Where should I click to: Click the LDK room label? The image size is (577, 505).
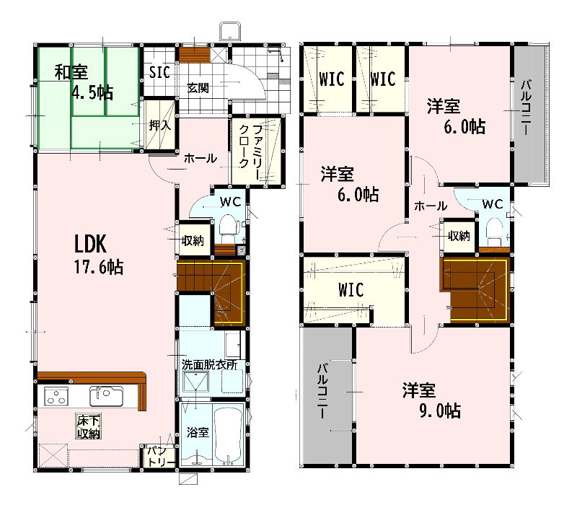pos(91,244)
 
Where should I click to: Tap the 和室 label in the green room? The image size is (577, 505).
pos(71,71)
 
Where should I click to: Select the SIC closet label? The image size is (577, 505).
pos(159,72)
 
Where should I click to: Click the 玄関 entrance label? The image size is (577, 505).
pos(198,88)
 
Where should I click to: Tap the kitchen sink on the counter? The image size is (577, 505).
pos(106,395)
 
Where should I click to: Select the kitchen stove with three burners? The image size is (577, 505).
pos(56,396)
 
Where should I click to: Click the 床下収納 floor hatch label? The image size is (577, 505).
pos(89,426)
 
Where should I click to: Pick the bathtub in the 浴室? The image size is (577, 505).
pos(228,434)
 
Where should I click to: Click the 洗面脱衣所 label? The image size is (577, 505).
pos(209,365)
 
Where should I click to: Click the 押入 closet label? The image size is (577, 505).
pos(160,125)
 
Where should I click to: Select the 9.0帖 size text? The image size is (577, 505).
pos(440,410)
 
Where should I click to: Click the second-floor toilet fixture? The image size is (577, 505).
pos(494,232)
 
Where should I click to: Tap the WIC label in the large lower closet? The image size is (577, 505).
pos(351,290)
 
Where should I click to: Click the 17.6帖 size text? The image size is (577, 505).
pos(99,267)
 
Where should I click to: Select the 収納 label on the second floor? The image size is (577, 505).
pos(459,236)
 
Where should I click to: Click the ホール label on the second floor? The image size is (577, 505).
pos(431,206)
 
